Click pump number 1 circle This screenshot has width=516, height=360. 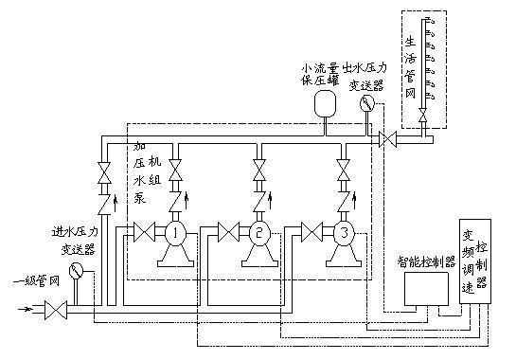coord(175,233)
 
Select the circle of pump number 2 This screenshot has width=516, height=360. coord(259,233)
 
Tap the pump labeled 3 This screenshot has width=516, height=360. coord(344,233)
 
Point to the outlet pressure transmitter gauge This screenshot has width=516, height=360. coord(367,103)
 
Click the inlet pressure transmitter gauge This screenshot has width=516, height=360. coord(77,271)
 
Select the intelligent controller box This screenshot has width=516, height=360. coord(426,289)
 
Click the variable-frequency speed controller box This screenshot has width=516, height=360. coord(475,261)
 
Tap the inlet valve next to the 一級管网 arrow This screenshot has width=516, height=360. coord(56,310)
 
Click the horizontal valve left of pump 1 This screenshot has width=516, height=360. coord(144,232)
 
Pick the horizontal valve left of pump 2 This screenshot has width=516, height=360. coord(229,232)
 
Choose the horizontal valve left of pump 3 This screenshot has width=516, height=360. coord(312,232)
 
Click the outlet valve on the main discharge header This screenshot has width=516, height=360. coord(387,139)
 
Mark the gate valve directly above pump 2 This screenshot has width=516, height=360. coord(259,170)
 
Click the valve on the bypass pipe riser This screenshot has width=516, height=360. coord(105,172)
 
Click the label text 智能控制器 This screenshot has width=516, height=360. coord(426,261)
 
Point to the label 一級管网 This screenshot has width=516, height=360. coord(36,281)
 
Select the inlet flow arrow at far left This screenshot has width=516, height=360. coord(26,309)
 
